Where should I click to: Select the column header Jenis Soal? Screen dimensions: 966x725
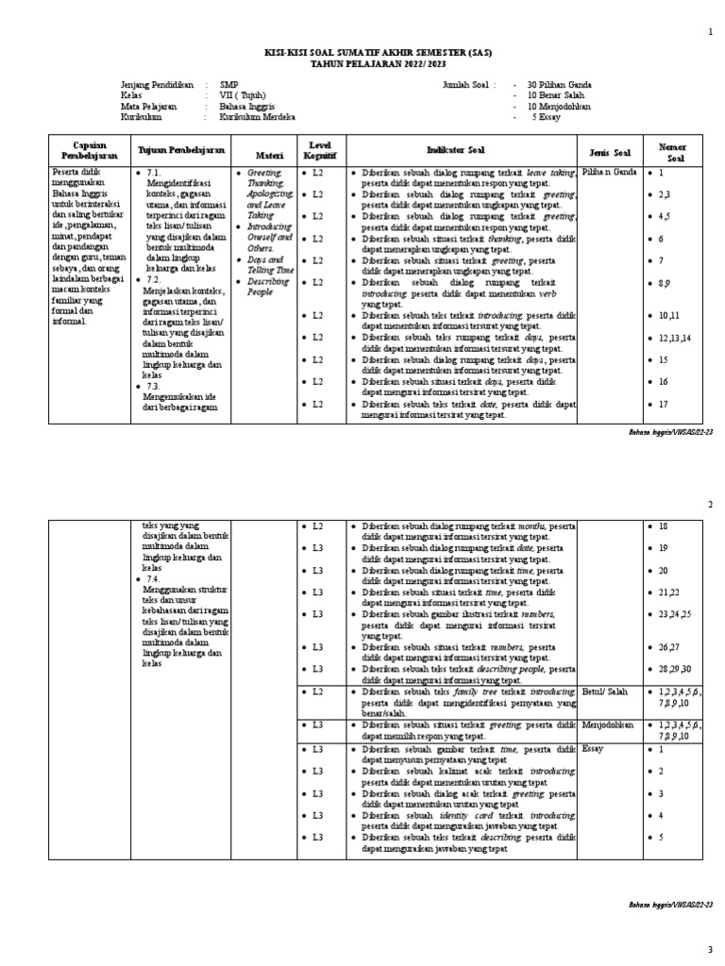click(609, 152)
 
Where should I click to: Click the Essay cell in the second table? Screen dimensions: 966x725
click(593, 748)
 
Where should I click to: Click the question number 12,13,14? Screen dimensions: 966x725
click(676, 338)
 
